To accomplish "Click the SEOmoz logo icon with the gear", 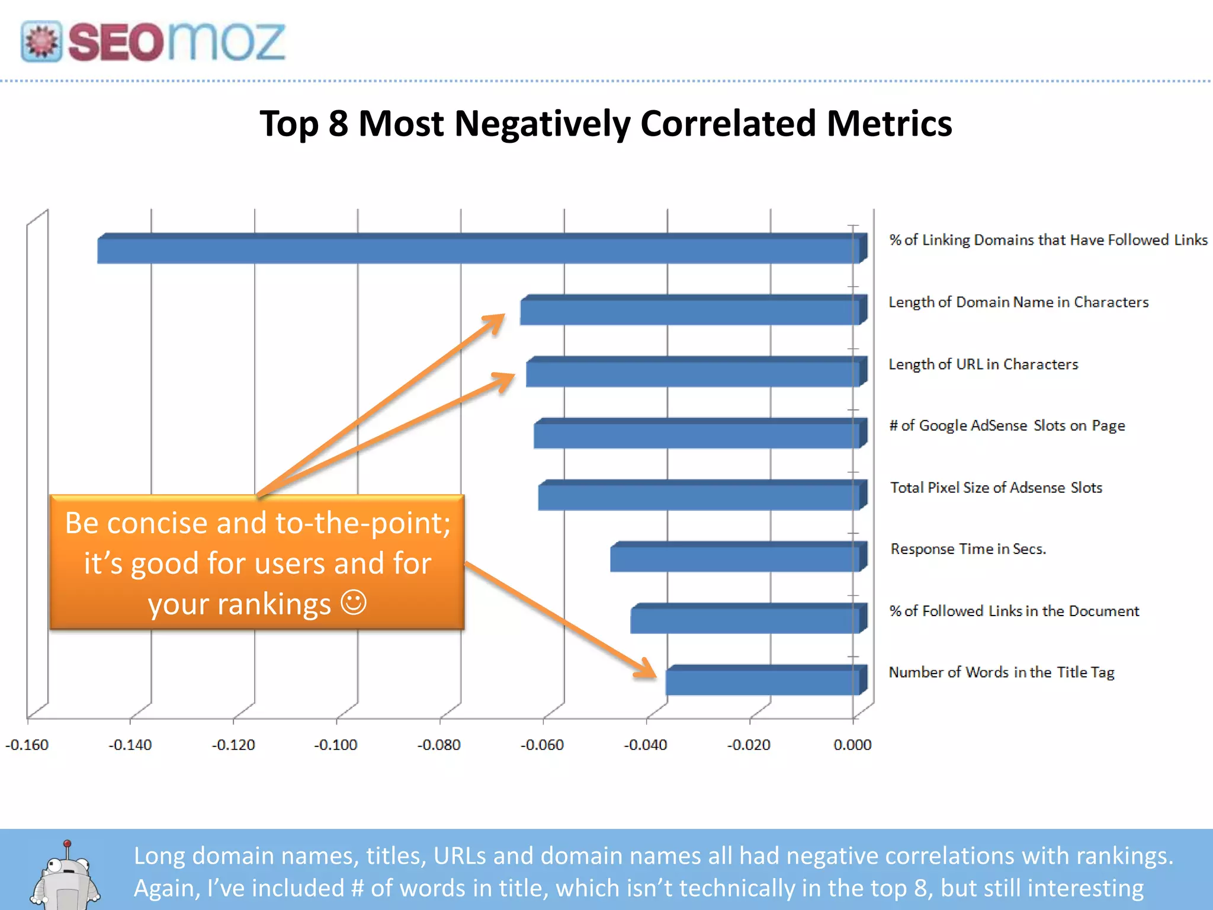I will pyautogui.click(x=41, y=41).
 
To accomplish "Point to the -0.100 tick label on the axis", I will pyautogui.click(x=336, y=745).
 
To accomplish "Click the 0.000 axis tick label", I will pyautogui.click(x=852, y=745).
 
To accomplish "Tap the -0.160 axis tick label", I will pyautogui.click(x=27, y=745).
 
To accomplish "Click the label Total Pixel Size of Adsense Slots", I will pyautogui.click(x=996, y=488).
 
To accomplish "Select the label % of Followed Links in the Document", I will pyautogui.click(x=1014, y=611).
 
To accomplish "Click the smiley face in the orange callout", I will pyautogui.click(x=354, y=603).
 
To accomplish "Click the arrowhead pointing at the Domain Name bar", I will pyautogui.click(x=495, y=322).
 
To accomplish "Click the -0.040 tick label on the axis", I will pyautogui.click(x=646, y=745).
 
